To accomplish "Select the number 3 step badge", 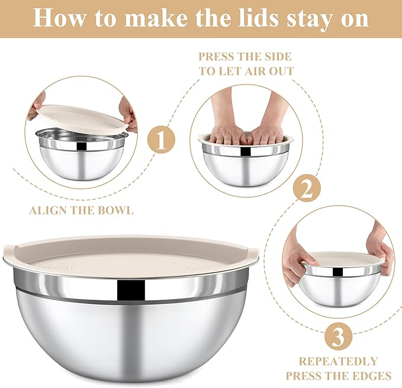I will coord(337,337).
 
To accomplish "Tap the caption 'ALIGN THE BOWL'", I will coord(81,210).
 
